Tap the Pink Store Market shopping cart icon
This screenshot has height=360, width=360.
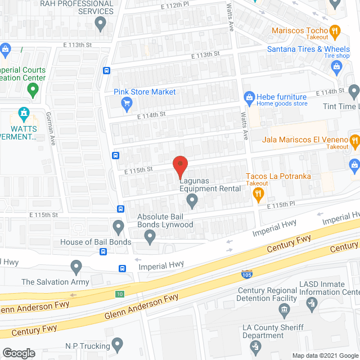[127, 103]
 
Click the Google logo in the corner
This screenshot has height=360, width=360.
[19, 353]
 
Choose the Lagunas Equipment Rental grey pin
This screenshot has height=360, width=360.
[192, 200]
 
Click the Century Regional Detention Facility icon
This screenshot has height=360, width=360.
[284, 309]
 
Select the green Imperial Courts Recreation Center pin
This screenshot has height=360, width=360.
[33, 88]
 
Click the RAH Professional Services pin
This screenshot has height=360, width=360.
[101, 24]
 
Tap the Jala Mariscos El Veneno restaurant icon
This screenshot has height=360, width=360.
[354, 140]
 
